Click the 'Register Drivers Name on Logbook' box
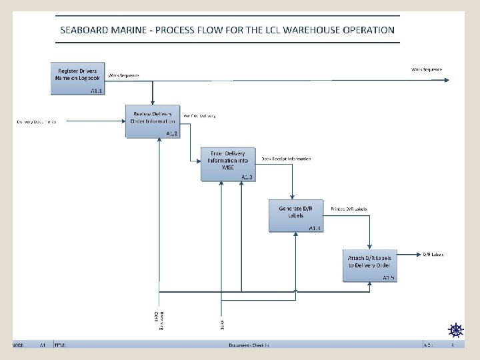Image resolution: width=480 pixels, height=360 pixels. (78, 79)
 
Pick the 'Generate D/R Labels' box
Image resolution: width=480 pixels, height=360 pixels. (296, 215)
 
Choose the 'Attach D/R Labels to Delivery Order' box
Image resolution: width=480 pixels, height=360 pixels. (370, 265)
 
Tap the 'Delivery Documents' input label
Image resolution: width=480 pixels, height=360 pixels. (37, 122)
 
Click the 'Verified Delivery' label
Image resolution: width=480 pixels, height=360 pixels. (199, 115)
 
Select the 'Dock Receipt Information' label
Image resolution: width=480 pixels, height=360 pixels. (285, 159)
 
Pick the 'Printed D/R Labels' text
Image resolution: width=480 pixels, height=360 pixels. (349, 209)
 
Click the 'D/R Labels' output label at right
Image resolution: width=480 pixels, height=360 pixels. (433, 254)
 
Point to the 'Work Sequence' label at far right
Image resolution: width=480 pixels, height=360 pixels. (426, 69)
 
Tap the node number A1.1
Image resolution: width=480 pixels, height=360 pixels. (97, 90)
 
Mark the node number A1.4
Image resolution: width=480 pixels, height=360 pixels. (315, 228)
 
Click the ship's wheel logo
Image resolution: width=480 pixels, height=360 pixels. (455, 329)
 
